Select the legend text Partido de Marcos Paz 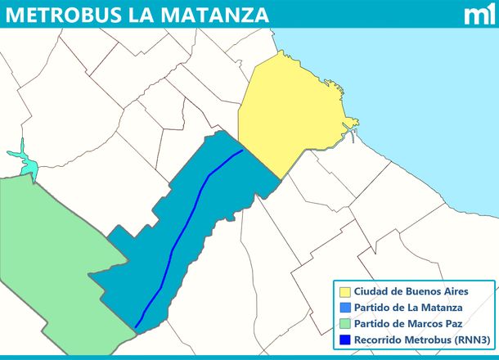[407, 323]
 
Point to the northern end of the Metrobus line [242, 151]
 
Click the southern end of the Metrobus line [136, 326]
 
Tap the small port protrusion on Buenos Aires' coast [353, 124]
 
